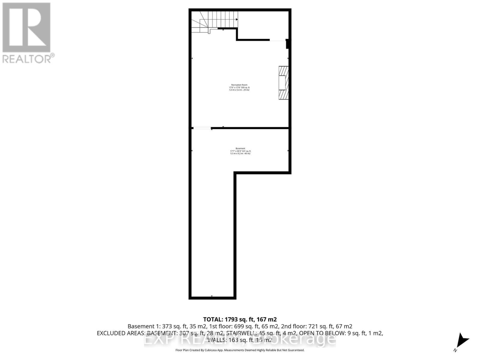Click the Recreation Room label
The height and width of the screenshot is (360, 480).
[x=239, y=85]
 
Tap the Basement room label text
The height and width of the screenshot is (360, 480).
[x=240, y=148]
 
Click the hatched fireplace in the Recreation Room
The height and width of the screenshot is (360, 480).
[x=283, y=82]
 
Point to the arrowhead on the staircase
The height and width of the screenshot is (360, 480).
[x=237, y=19]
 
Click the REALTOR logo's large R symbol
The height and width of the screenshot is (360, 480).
[x=26, y=28]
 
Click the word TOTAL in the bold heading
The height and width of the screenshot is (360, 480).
[x=212, y=319]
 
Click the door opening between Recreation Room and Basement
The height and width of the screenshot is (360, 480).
[x=202, y=128]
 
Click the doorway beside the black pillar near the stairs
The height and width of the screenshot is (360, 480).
[x=277, y=40]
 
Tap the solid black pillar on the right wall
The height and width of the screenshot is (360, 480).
[x=287, y=44]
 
